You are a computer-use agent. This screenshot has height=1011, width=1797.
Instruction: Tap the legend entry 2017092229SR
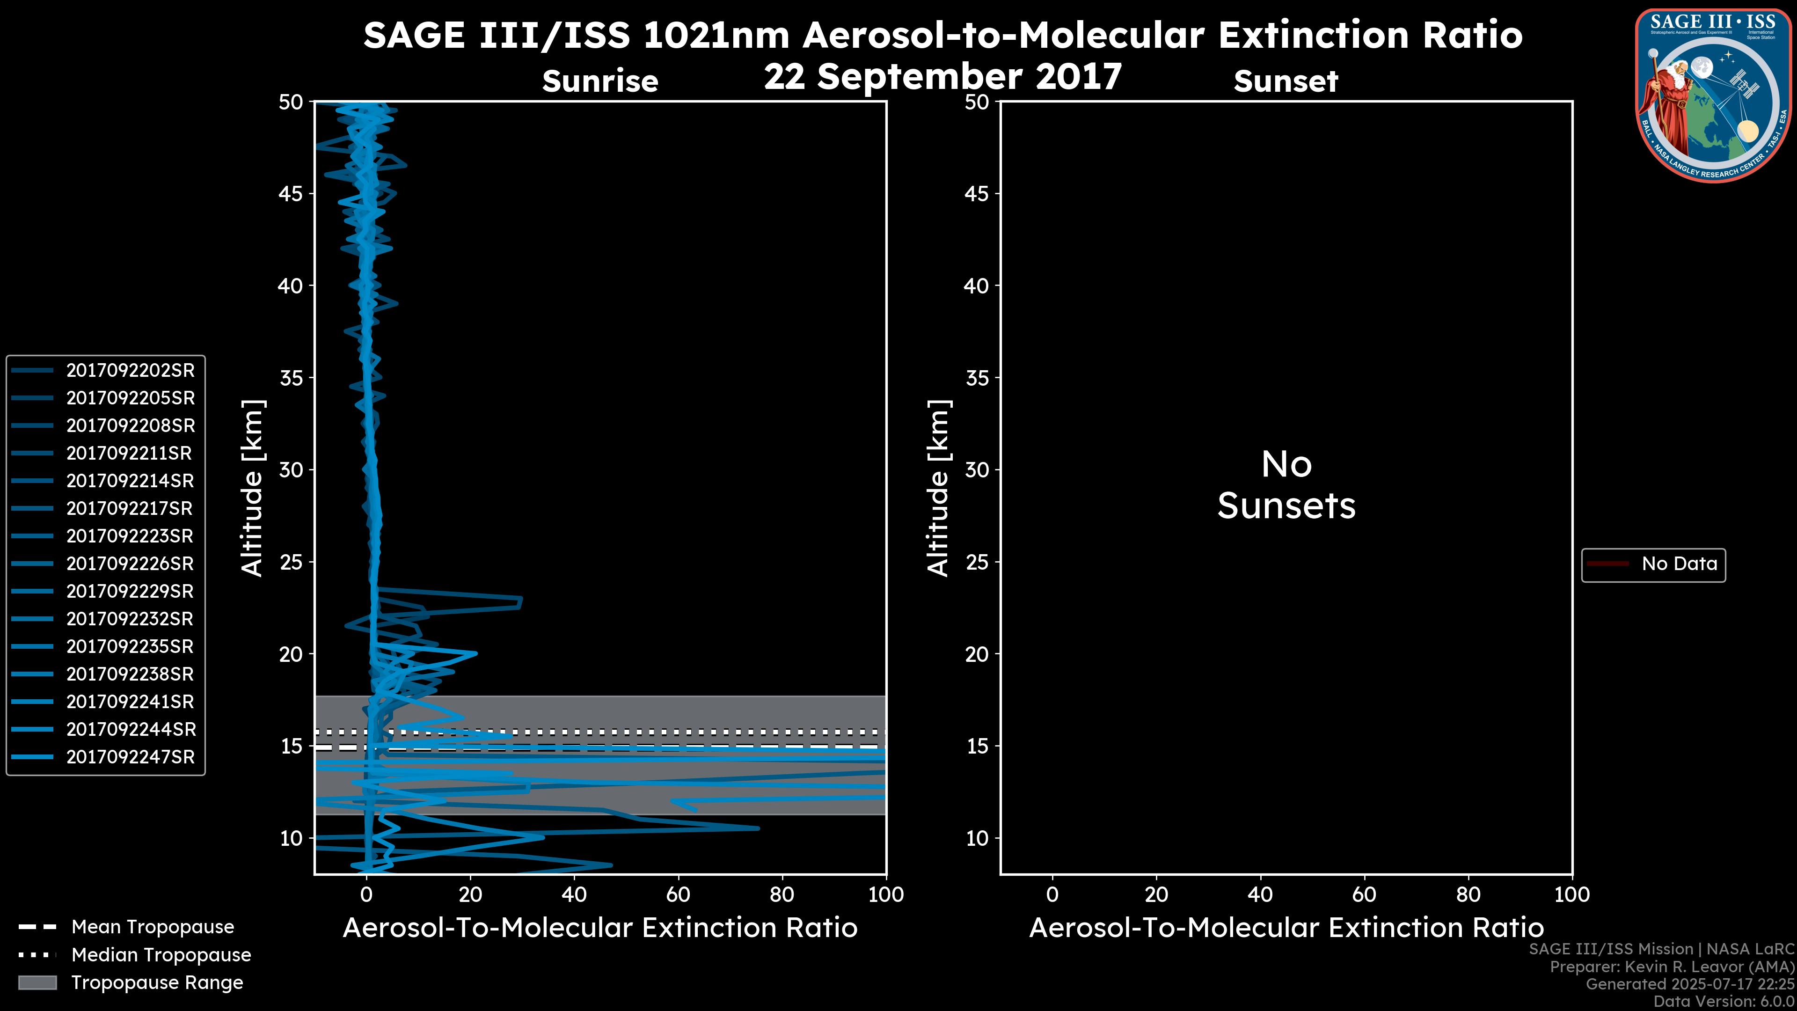click(x=130, y=592)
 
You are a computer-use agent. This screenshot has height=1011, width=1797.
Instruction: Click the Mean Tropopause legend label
click(x=153, y=927)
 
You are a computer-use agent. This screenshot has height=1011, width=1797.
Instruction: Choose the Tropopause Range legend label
click(x=157, y=982)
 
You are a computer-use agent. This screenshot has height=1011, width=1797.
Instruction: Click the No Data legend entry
click(x=1679, y=564)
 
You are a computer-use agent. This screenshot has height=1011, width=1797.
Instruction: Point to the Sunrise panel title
click(x=600, y=81)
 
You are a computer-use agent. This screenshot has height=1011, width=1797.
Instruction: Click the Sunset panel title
click(x=1286, y=81)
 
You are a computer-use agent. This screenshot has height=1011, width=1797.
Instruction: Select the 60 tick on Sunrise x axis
click(x=678, y=894)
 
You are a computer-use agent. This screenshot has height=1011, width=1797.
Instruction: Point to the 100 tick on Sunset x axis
click(x=1572, y=894)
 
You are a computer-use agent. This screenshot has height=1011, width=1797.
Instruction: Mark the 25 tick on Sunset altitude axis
click(x=977, y=562)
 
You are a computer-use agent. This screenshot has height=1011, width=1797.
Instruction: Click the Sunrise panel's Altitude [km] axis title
click(x=252, y=488)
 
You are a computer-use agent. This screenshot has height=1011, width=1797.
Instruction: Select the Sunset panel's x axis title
click(x=1286, y=928)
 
